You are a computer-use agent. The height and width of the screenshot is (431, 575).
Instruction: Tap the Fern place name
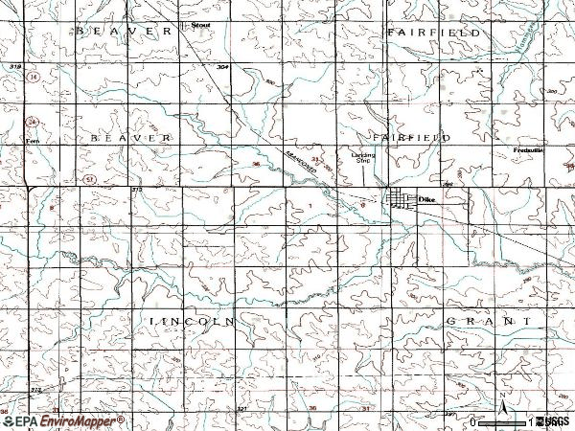(32, 140)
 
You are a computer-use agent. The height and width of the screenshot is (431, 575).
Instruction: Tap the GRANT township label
(489, 320)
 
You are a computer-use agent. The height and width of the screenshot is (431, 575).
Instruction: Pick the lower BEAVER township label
(131, 139)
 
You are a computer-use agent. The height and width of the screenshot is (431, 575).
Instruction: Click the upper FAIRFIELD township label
(433, 32)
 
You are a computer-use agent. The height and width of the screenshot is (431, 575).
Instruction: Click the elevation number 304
(222, 67)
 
